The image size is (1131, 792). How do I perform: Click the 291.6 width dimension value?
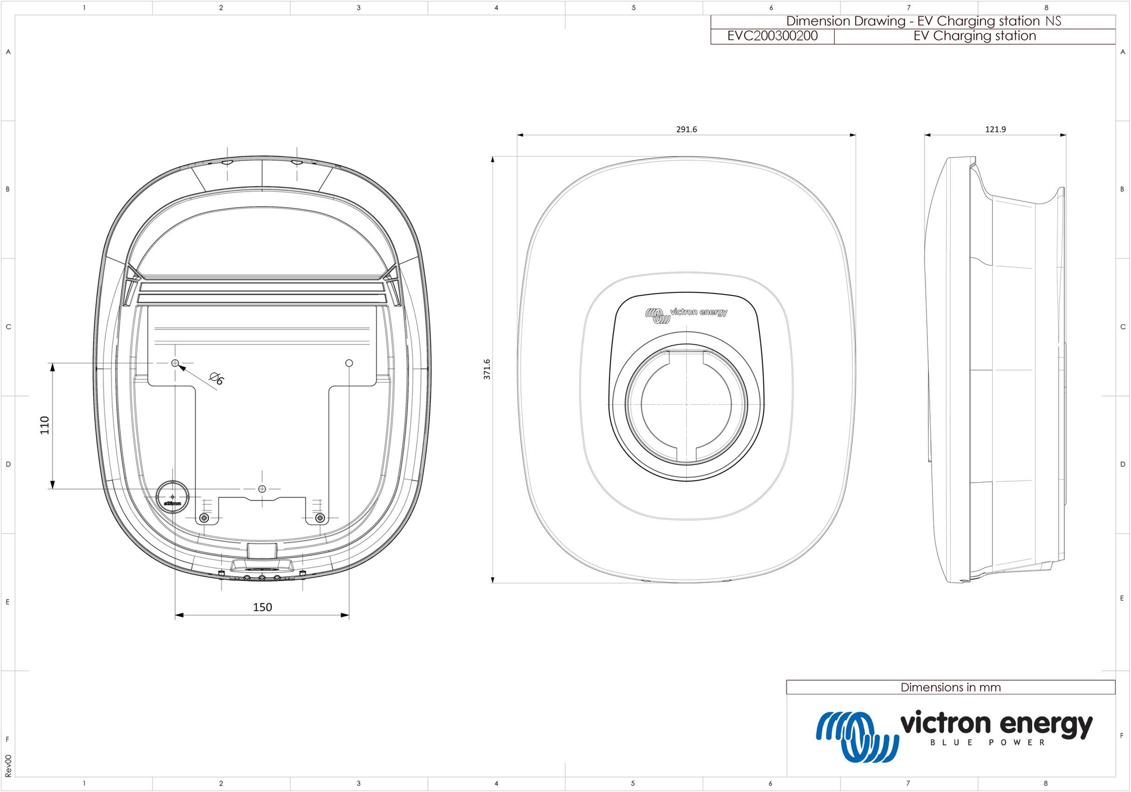click(686, 129)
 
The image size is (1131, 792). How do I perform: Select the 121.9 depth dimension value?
click(995, 129)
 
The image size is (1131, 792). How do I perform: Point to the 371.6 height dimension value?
click(487, 369)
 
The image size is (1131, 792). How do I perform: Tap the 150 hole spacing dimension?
click(262, 607)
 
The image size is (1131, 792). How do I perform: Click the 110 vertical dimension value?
click(45, 425)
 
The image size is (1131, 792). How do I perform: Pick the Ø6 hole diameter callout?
click(217, 379)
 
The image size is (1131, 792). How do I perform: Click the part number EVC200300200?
click(772, 36)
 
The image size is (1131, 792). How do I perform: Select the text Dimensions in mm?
click(950, 687)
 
